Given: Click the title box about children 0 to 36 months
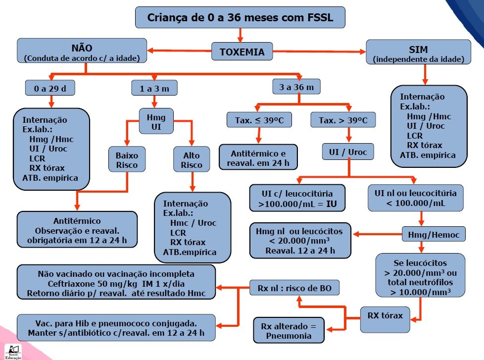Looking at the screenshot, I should (x=240, y=18).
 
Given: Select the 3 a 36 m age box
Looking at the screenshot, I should (x=296, y=87).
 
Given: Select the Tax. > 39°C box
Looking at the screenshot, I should (x=342, y=120).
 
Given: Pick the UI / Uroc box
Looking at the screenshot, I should (x=348, y=152).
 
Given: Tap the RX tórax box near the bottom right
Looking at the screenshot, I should (x=388, y=315).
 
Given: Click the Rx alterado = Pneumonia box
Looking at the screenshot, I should (x=289, y=330).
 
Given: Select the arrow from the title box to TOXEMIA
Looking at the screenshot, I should (x=240, y=35).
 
